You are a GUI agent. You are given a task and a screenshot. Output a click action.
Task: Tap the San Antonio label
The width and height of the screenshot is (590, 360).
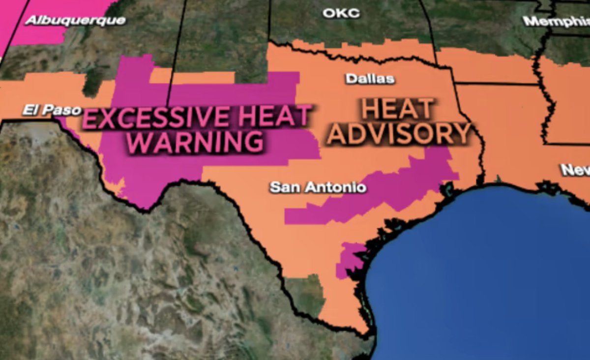click(x=318, y=187)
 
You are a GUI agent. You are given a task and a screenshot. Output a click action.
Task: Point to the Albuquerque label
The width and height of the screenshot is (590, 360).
click(x=75, y=21)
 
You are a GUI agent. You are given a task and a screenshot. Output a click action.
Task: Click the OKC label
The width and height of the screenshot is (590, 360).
click(x=341, y=13)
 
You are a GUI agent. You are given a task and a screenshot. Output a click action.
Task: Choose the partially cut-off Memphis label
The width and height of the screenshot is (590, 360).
click(x=556, y=22)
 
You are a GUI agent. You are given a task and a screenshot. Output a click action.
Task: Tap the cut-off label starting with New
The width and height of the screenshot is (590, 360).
click(x=575, y=170)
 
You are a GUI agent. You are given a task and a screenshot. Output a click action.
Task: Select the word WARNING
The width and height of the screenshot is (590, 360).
click(x=198, y=142)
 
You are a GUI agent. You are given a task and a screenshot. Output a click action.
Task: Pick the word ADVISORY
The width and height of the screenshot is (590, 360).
click(x=399, y=134)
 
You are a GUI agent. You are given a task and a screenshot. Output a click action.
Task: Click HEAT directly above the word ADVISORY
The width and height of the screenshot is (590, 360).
click(x=398, y=109)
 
